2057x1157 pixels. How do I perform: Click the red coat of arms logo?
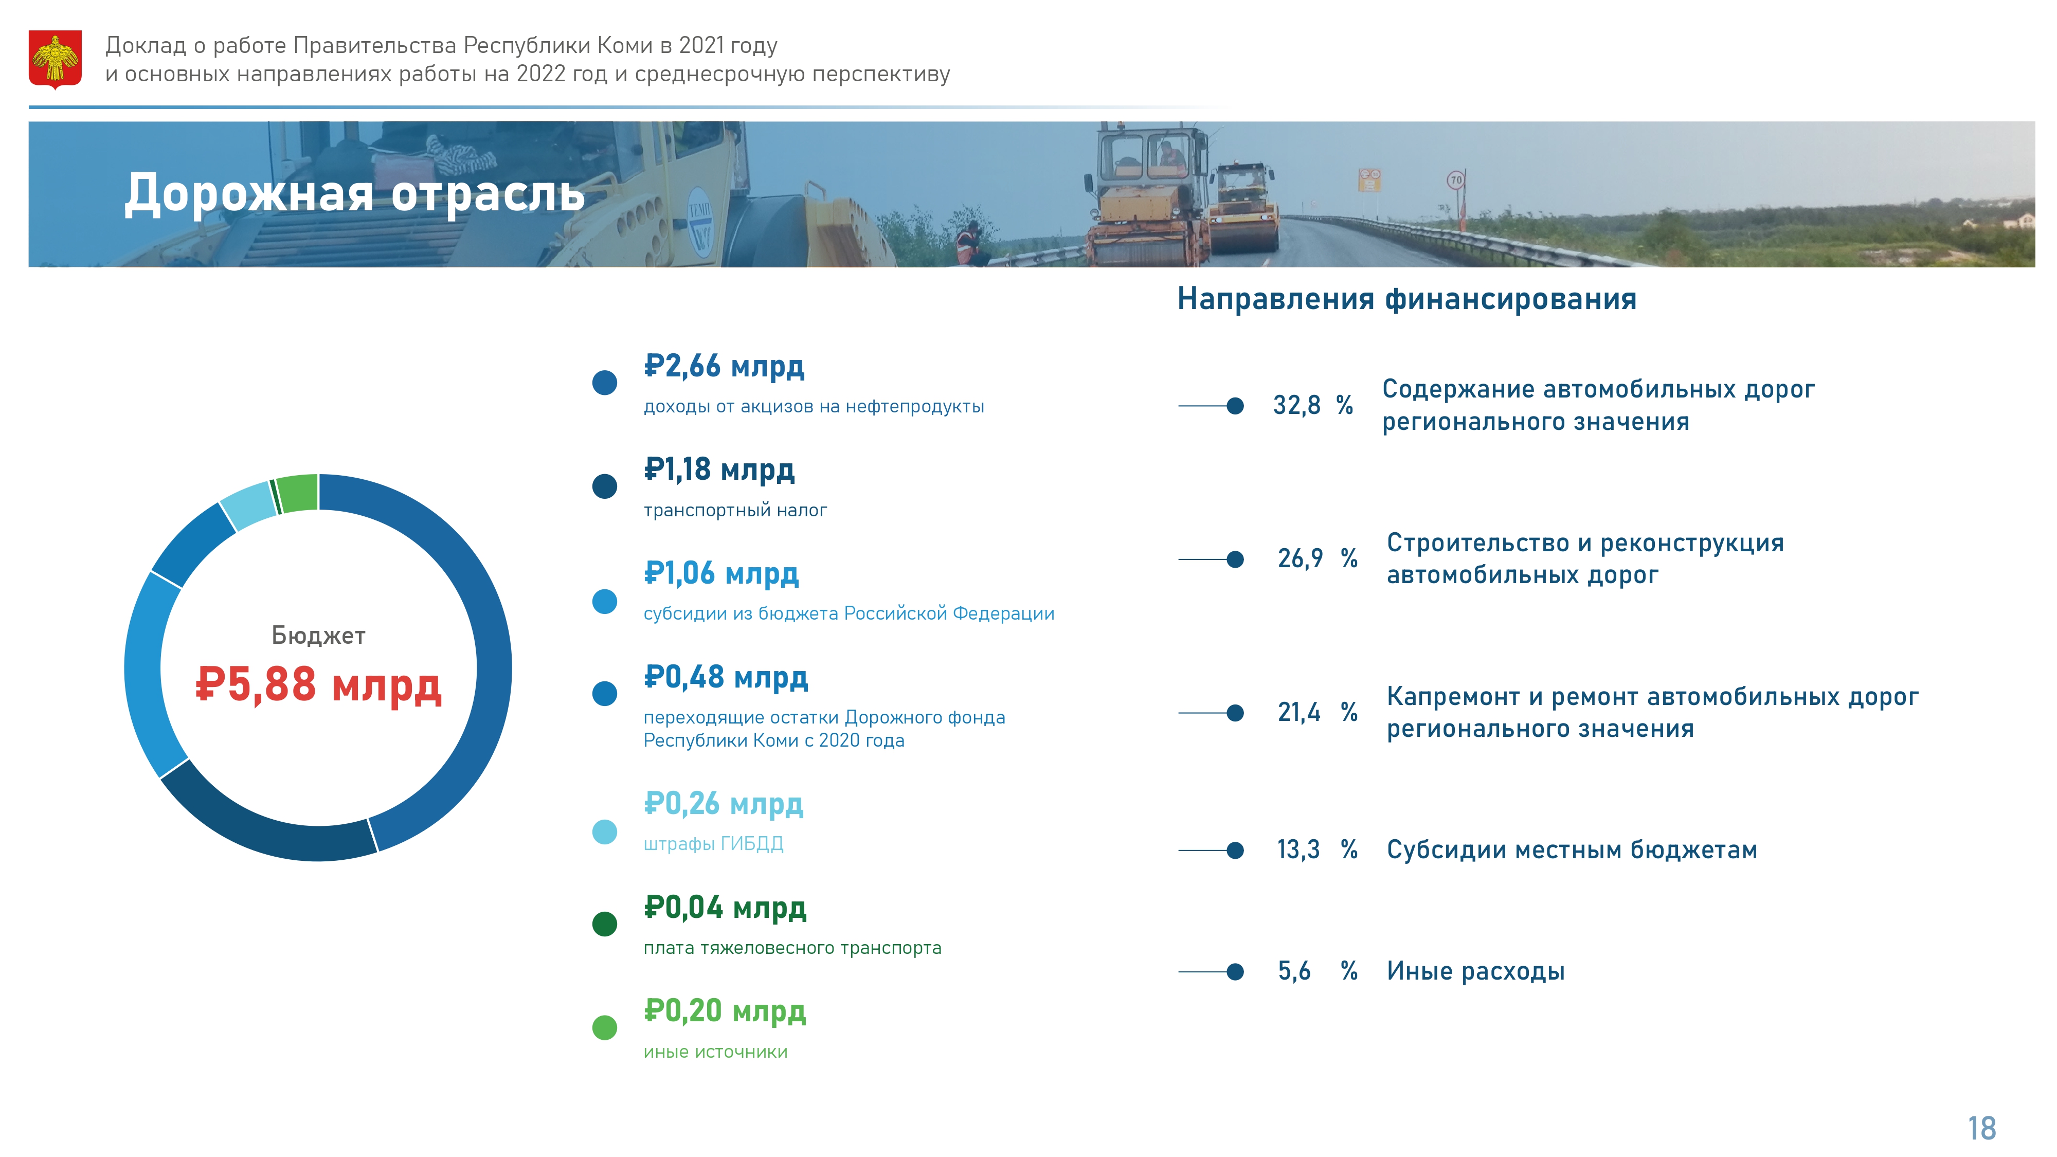(55, 59)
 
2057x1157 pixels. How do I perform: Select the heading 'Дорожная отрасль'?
(354, 193)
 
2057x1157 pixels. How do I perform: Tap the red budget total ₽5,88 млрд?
(319, 684)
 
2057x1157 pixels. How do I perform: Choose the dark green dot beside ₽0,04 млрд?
(604, 924)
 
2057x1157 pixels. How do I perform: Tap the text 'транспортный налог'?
(735, 510)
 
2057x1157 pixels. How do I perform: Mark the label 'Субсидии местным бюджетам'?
(1572, 849)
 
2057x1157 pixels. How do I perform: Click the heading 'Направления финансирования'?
(1407, 299)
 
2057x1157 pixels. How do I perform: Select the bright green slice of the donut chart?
(298, 493)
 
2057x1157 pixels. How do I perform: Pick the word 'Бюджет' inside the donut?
(319, 636)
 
